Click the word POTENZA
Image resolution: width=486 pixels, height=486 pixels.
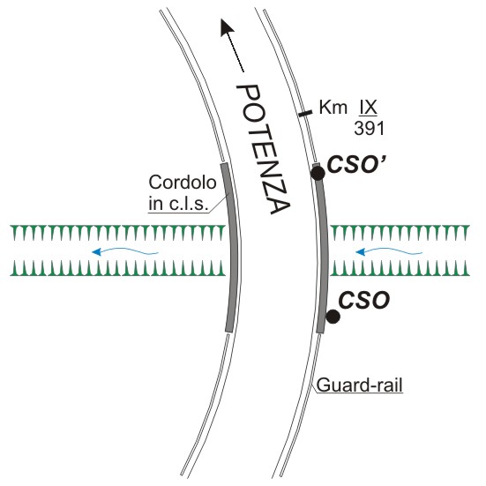264,149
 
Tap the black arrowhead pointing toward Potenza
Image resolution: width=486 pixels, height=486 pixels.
227,27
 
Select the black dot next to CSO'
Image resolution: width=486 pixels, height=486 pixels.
318,173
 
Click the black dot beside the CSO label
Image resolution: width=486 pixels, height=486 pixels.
333,317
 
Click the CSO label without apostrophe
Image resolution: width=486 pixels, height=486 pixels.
364,301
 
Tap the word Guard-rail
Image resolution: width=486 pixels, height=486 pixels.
360,385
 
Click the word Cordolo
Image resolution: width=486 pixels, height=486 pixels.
183,183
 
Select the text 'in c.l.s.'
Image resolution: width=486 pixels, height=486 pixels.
177,204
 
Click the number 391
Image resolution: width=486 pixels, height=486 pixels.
370,128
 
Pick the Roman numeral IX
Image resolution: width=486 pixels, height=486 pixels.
368,108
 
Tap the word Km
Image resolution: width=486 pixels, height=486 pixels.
333,108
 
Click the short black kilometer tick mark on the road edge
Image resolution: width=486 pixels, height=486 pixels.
305,114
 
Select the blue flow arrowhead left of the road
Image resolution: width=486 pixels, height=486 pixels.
97,252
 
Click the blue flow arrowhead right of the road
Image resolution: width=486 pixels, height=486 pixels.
361,252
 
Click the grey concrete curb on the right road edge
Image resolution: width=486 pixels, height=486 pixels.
322,248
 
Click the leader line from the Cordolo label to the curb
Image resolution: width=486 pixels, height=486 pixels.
219,204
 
